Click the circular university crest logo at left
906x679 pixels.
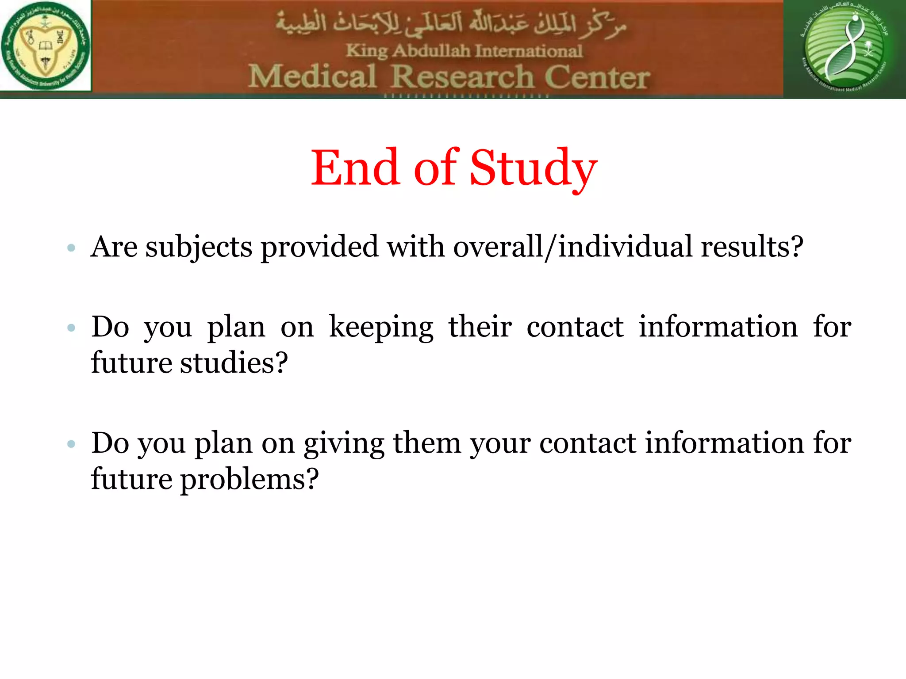(45, 45)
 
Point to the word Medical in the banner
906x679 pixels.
(312, 76)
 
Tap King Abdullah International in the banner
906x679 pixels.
(464, 51)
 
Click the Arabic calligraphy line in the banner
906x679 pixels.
(451, 24)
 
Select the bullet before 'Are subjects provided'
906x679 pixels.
(71, 248)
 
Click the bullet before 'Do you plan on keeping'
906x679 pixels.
(71, 328)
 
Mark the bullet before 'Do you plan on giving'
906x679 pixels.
(71, 444)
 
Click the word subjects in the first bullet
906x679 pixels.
(199, 247)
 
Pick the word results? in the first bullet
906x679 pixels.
(752, 246)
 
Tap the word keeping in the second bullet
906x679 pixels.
(381, 328)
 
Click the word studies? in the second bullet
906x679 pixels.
(234, 363)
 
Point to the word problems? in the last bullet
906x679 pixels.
(249, 480)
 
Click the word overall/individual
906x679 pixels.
(572, 246)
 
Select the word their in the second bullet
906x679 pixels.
(480, 327)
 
